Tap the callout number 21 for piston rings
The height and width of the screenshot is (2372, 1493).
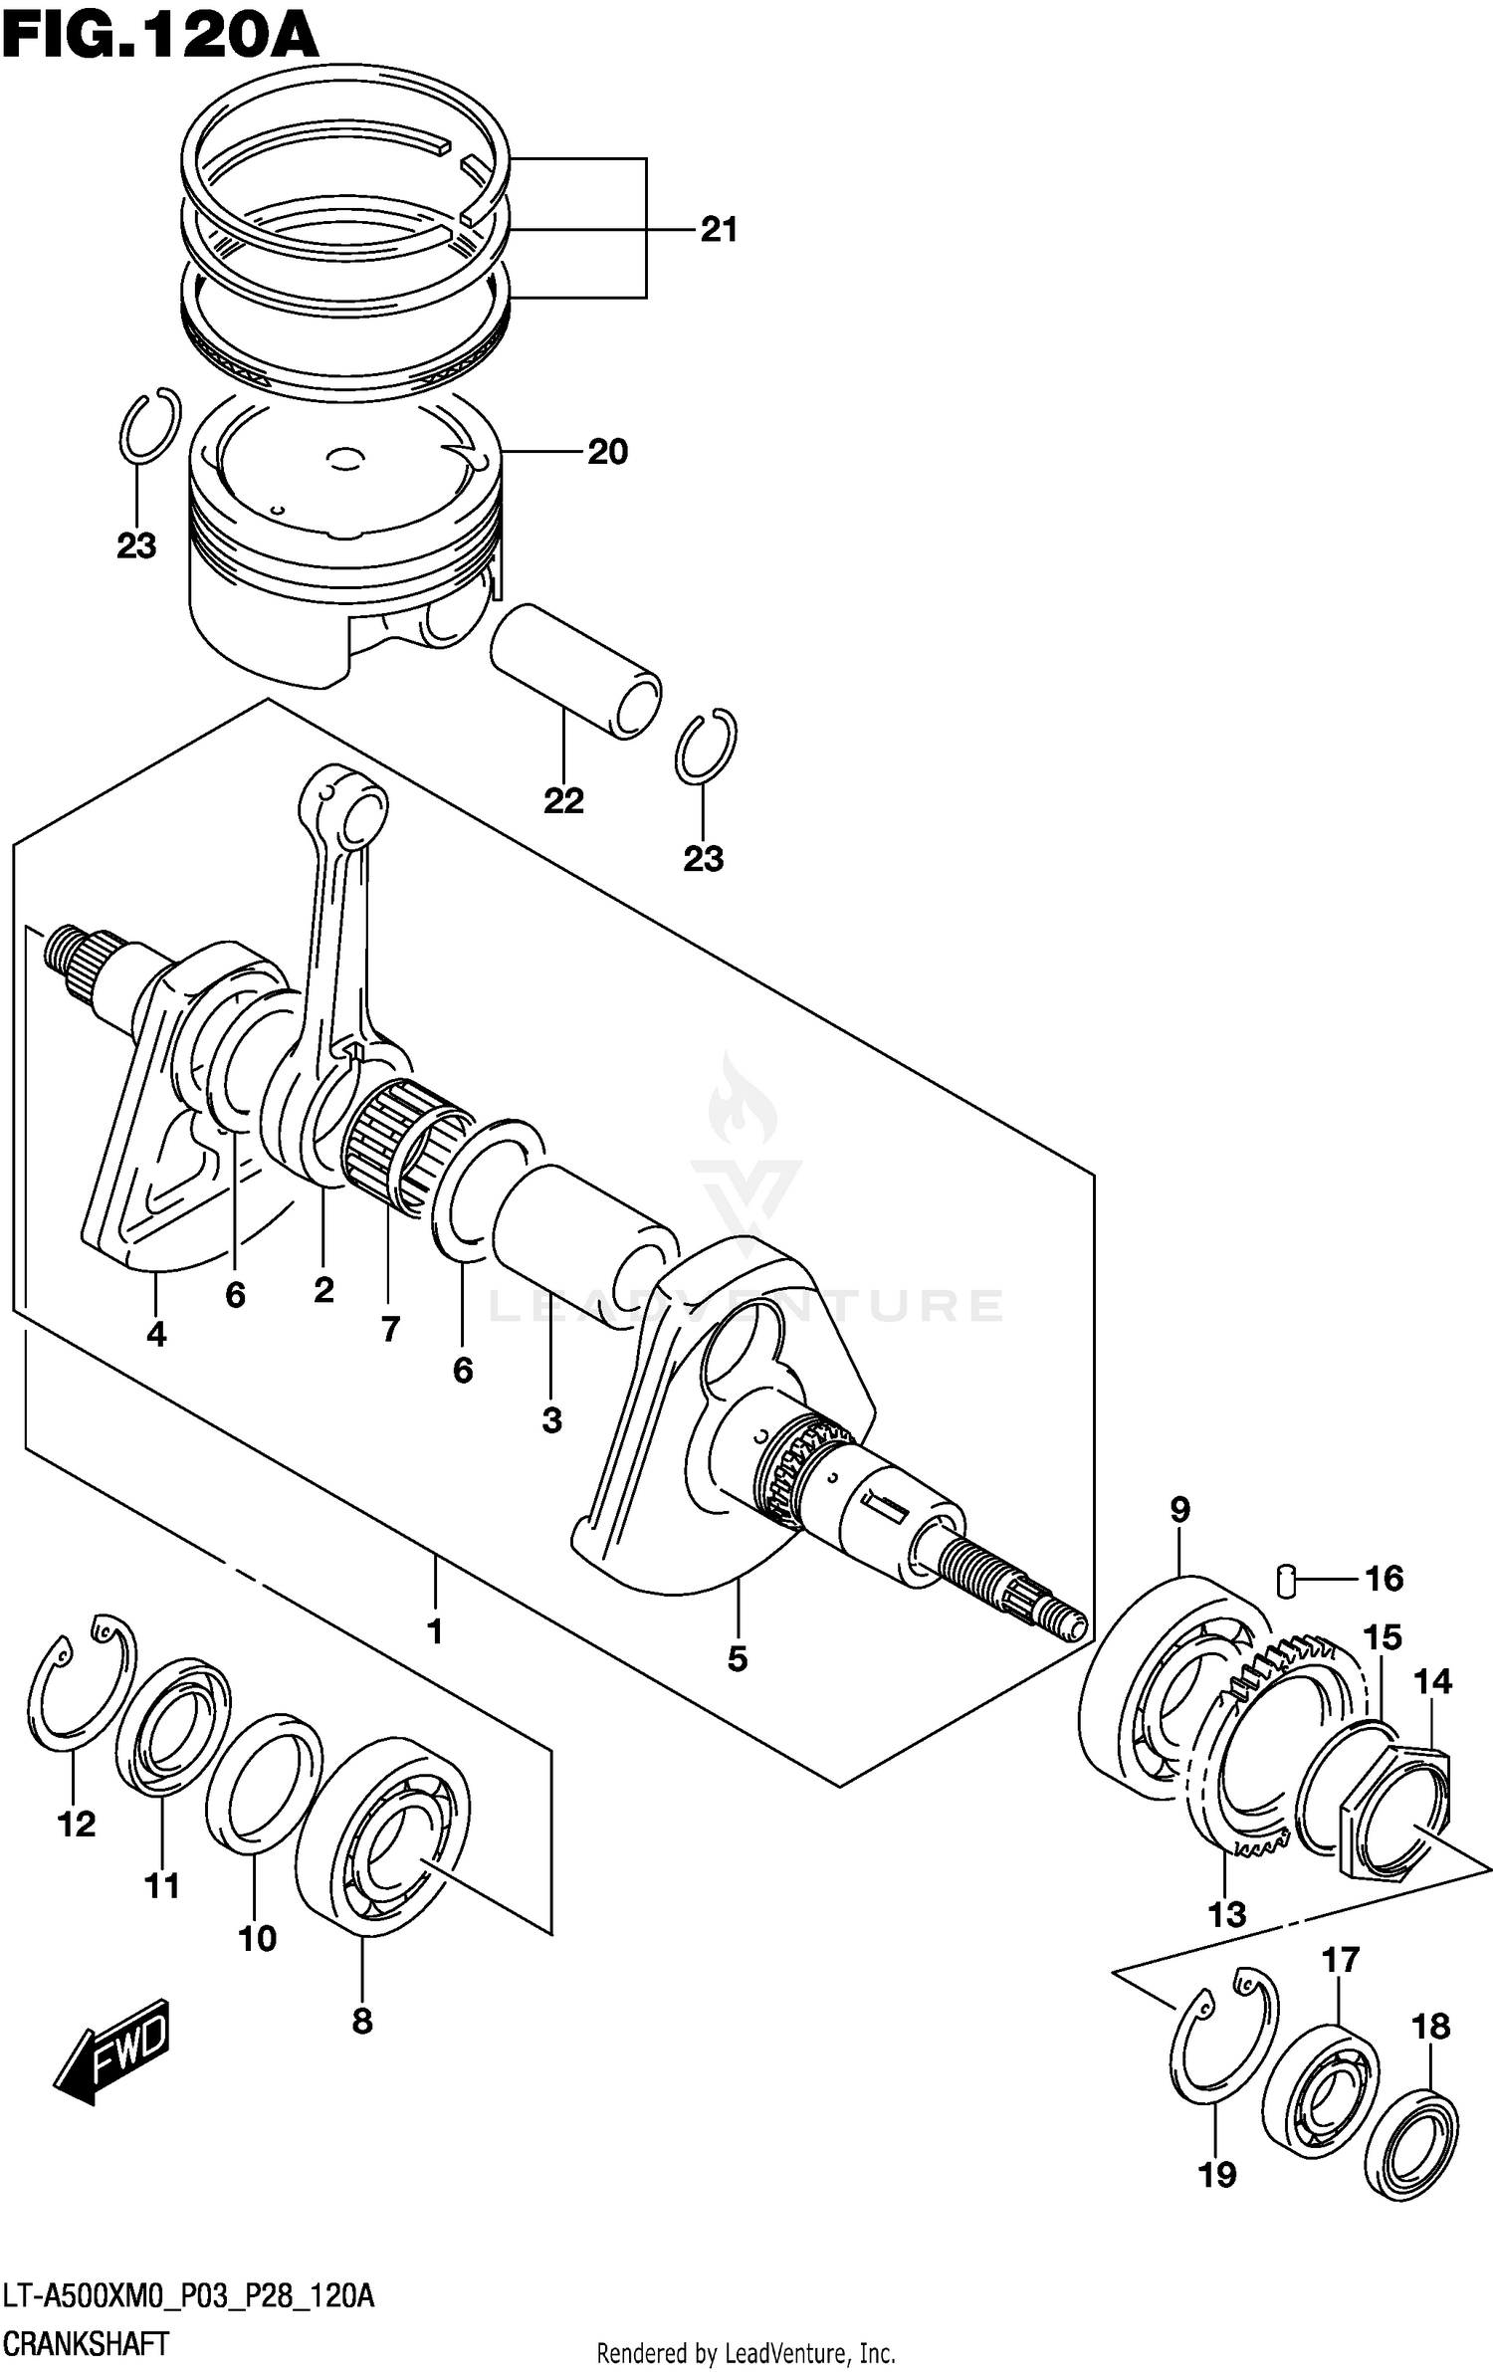coord(719,230)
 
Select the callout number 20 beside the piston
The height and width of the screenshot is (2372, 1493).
coord(607,453)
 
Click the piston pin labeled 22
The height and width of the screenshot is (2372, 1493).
coord(575,671)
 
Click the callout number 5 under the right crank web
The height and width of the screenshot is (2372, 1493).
coord(737,1659)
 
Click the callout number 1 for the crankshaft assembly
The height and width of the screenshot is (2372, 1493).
coord(434,1632)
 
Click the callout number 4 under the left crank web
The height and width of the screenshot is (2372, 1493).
coord(156,1335)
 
